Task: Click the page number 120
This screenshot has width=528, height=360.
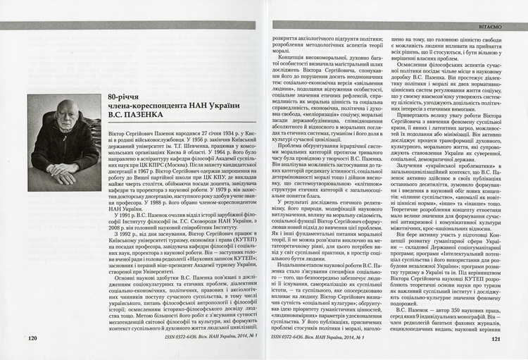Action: coord(32,338)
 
